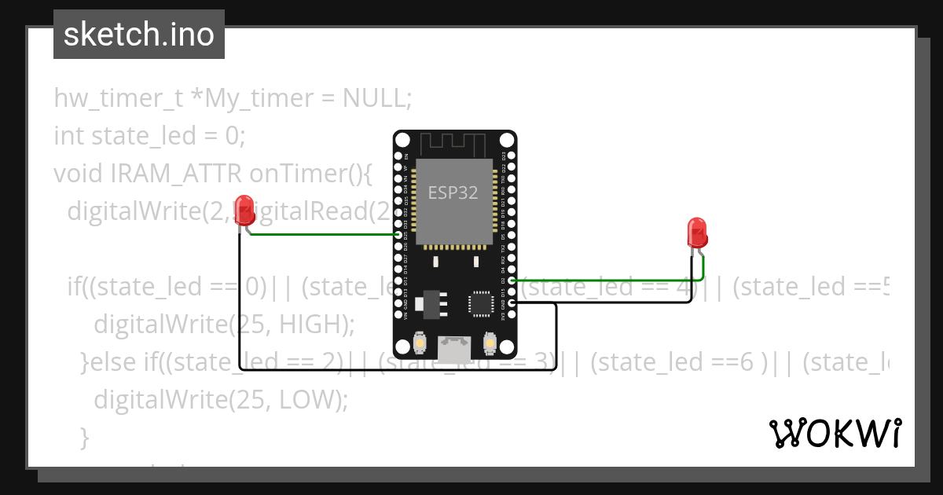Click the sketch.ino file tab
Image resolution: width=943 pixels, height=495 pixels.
point(139,35)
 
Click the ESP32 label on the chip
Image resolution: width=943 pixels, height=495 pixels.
point(453,193)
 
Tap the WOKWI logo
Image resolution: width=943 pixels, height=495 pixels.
point(835,433)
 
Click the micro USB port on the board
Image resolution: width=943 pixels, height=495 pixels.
point(454,349)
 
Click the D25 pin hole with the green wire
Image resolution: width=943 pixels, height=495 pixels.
point(398,235)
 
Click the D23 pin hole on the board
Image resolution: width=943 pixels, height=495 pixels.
point(512,156)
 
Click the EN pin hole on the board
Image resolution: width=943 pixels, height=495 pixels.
point(398,156)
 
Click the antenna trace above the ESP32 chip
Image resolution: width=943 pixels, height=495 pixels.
point(454,145)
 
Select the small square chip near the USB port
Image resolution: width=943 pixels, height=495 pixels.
point(480,302)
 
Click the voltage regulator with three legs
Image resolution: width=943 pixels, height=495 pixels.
point(430,302)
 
